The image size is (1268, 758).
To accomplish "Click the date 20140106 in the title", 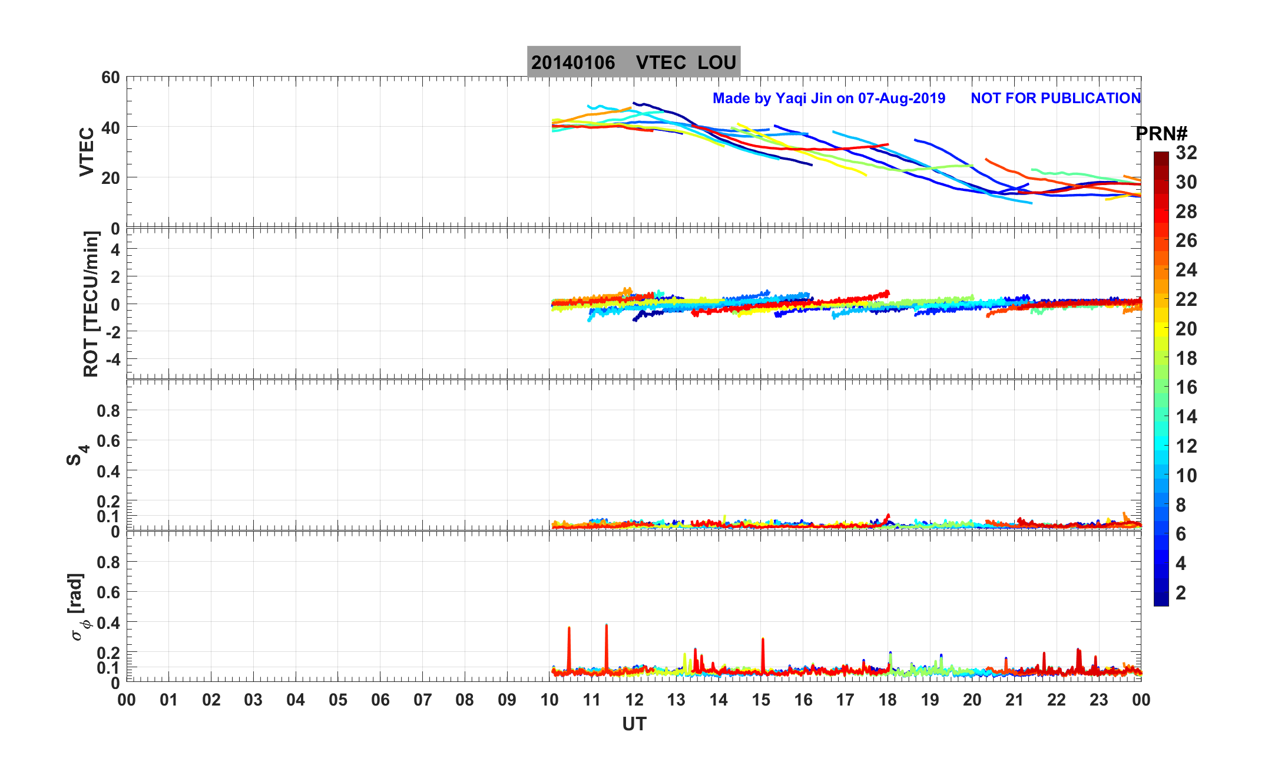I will click(x=572, y=62).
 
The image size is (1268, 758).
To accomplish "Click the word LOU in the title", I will click(x=717, y=62).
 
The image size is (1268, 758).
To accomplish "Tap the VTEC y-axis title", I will click(x=87, y=152).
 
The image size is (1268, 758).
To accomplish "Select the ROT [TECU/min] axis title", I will click(x=91, y=304).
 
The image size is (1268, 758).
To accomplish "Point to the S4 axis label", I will click(x=77, y=456).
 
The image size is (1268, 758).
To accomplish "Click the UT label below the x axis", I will click(x=634, y=724).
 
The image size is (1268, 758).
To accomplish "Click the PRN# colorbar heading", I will click(x=1161, y=134).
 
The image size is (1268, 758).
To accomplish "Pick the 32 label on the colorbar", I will click(x=1186, y=153).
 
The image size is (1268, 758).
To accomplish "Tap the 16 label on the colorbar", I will click(x=1186, y=387).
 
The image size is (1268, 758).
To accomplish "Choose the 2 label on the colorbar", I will click(x=1181, y=593).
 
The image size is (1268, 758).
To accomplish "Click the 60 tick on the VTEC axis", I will click(x=110, y=78).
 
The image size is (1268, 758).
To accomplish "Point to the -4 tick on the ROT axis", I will click(x=112, y=359).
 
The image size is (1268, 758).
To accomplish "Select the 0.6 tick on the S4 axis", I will click(x=108, y=441).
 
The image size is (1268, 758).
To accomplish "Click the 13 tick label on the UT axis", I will click(x=676, y=700).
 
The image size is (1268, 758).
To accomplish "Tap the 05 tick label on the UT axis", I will click(x=338, y=700).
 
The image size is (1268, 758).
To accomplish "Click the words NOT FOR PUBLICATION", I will click(x=1055, y=98).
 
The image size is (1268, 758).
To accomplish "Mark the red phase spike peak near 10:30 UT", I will click(x=569, y=628).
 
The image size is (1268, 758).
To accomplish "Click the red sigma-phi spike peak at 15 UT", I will click(x=763, y=640).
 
